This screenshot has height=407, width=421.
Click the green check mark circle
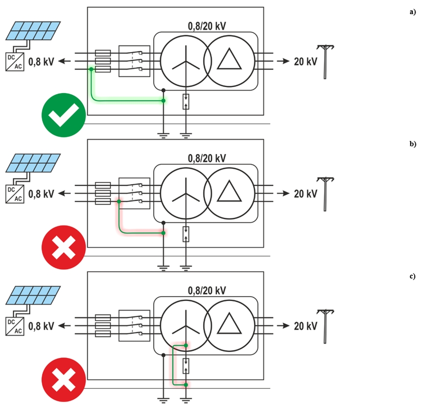pyautogui.click(x=64, y=116)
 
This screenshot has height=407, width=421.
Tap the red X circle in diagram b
pyautogui.click(x=64, y=248)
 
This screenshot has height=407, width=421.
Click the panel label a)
pyautogui.click(x=412, y=12)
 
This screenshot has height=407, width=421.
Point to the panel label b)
pyautogui.click(x=412, y=144)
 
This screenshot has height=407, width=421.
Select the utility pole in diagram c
pyautogui.click(x=325, y=327)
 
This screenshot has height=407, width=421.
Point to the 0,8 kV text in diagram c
pyautogui.click(x=41, y=326)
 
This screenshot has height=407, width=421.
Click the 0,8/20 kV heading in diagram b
pyautogui.click(x=207, y=158)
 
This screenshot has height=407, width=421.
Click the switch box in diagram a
pyautogui.click(x=134, y=61)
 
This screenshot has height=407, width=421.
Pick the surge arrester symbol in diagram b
pyautogui.click(x=186, y=234)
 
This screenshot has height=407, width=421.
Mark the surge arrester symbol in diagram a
pyautogui.click(x=186, y=102)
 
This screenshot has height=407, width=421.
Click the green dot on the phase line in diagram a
pyautogui.click(x=91, y=70)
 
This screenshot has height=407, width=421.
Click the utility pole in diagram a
pyautogui.click(x=325, y=61)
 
